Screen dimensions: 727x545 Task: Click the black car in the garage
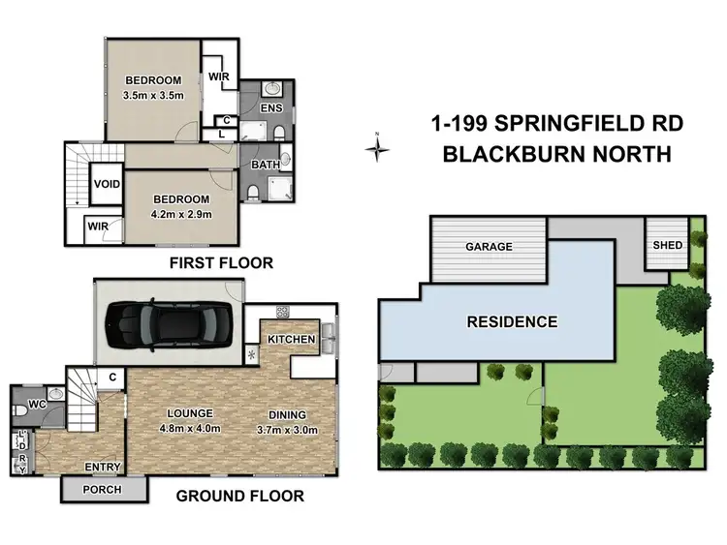click(x=169, y=325)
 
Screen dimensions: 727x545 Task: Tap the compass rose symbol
click(x=377, y=148)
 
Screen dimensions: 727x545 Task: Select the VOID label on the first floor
click(x=107, y=184)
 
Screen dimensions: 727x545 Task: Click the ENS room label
click(x=271, y=107)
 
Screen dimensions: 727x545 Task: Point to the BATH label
click(x=266, y=165)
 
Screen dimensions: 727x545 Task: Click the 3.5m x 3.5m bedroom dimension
click(x=153, y=96)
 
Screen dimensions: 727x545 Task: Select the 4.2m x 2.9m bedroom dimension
click(x=181, y=214)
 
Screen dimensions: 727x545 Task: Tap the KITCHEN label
click(x=291, y=340)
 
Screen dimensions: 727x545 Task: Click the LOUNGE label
click(x=190, y=413)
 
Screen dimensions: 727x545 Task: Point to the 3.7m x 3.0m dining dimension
click(x=288, y=430)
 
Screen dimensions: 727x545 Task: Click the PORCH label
click(x=102, y=490)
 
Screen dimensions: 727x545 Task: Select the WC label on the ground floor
click(x=37, y=405)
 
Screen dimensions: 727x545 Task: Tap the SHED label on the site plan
click(x=668, y=245)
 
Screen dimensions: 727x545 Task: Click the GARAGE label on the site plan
click(x=489, y=246)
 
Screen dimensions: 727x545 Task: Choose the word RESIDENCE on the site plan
click(x=512, y=321)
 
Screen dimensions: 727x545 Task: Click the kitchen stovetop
click(x=282, y=312)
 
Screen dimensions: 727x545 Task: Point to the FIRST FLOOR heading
click(x=221, y=263)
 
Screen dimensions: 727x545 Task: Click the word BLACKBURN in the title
click(x=513, y=154)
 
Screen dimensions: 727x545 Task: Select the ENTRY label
click(x=103, y=467)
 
